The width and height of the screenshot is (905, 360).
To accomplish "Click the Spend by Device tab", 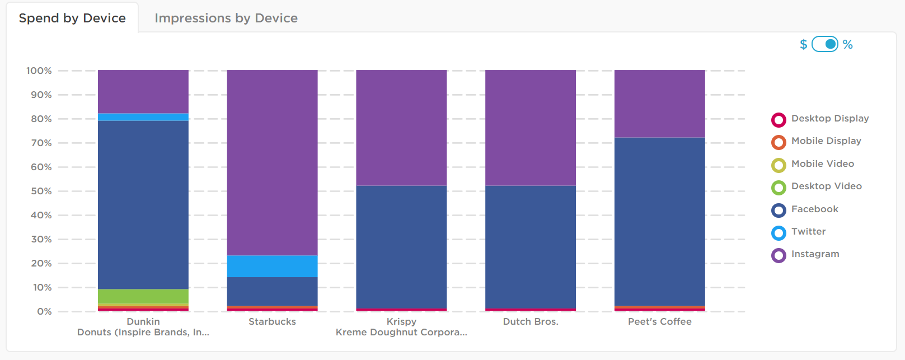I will (x=72, y=18).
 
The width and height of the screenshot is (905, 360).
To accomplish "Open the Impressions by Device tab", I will (x=226, y=18).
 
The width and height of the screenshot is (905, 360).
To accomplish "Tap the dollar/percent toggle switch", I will (x=824, y=44).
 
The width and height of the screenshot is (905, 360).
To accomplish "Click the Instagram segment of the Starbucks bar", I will (x=272, y=162).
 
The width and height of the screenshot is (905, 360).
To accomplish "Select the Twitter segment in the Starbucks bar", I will (x=272, y=266).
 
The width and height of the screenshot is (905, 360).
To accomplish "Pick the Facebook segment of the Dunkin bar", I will (x=143, y=204).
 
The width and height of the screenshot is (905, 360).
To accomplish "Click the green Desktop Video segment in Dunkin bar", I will (x=143, y=296).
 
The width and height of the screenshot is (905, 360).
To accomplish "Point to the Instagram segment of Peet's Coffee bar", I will (x=659, y=104).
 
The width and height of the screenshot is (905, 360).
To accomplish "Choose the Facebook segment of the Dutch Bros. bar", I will (x=530, y=246).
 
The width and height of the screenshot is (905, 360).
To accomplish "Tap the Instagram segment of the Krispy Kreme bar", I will (x=401, y=128).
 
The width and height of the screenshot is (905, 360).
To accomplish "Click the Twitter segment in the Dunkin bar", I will (x=143, y=117).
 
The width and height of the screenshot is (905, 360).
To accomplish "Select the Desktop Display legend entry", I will (x=829, y=119).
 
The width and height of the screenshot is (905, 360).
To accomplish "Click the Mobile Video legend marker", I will (x=779, y=165).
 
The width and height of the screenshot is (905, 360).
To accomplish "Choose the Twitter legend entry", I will (x=808, y=232).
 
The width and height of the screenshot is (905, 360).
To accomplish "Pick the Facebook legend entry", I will (x=814, y=209).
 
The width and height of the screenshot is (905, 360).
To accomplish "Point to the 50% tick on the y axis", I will (x=41, y=191).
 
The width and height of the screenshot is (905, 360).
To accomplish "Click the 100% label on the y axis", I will (x=39, y=71).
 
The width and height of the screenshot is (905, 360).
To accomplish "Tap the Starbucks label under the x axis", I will (x=272, y=322).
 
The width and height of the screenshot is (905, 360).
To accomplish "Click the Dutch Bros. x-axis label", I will (x=530, y=322).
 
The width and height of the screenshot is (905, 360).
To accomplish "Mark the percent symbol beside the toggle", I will (x=848, y=45).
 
